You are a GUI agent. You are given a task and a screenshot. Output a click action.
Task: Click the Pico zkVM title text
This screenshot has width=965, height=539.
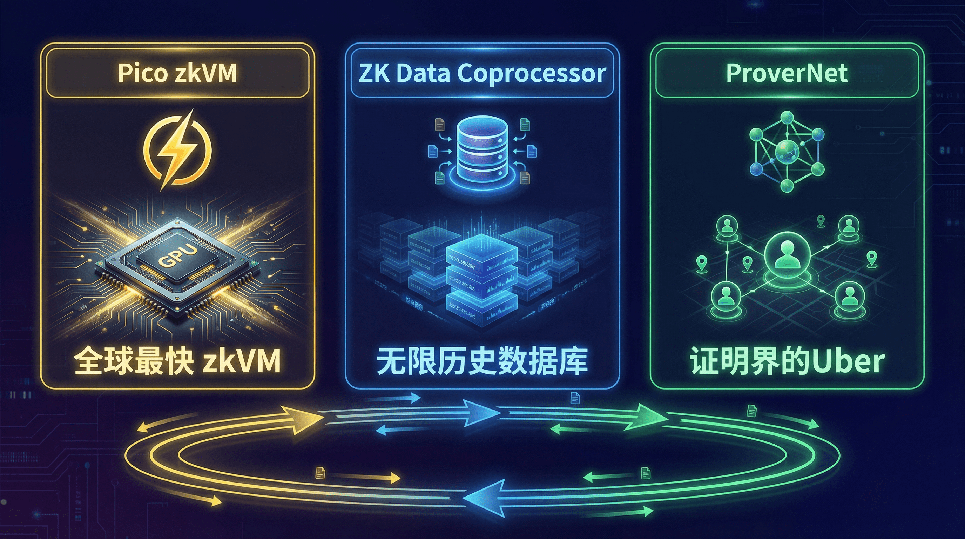pyautogui.click(x=177, y=73)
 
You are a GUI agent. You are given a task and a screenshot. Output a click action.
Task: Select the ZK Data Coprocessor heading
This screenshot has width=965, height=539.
pyautogui.click(x=482, y=73)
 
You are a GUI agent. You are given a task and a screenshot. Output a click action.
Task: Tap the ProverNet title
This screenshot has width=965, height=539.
pyautogui.click(x=787, y=73)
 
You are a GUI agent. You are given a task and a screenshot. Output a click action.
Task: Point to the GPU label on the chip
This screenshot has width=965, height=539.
pyautogui.click(x=177, y=256)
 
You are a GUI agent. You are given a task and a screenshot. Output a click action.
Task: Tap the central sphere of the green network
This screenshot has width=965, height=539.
pyautogui.click(x=787, y=152)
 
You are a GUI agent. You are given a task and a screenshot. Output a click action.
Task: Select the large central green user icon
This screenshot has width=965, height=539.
pyautogui.click(x=788, y=255)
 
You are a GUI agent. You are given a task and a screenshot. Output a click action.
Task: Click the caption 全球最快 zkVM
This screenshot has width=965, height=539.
pyautogui.click(x=177, y=361)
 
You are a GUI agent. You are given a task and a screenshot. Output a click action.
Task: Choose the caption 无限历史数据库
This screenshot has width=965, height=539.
pyautogui.click(x=482, y=361)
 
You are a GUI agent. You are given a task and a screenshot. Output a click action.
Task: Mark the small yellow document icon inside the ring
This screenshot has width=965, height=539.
pyautogui.click(x=320, y=473)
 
